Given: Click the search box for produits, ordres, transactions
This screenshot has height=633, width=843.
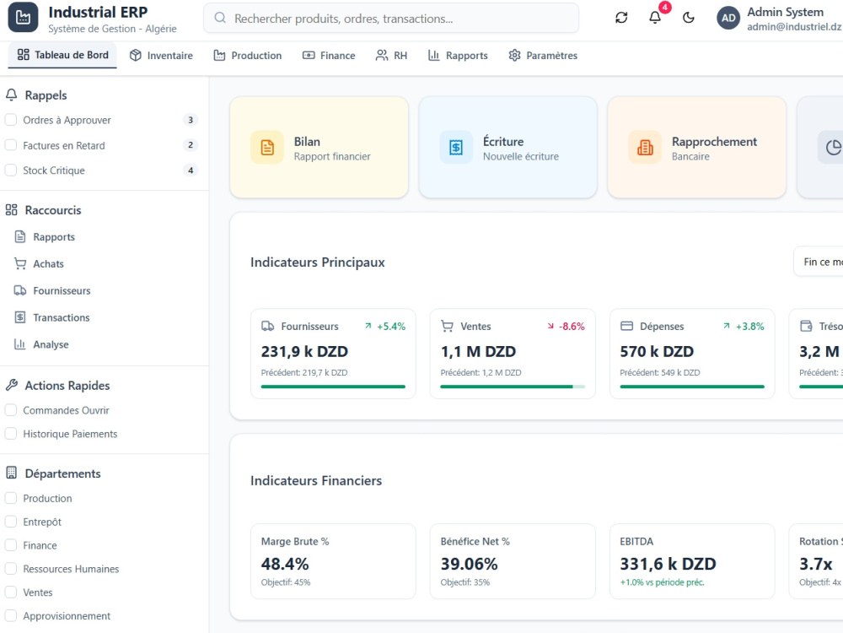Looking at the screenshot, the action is coord(391,19).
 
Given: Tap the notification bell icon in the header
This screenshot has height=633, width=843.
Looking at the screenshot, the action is coord(655,18).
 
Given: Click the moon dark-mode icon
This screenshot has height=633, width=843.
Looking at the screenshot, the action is coord(688,18).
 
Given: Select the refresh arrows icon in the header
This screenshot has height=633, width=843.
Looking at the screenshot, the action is coord(621,18).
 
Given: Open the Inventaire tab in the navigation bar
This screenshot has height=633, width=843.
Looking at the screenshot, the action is coord(161,56).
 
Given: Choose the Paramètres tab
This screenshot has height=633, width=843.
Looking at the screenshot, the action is coord(543,56).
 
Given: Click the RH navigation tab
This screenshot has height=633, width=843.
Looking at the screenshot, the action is coord(391,56).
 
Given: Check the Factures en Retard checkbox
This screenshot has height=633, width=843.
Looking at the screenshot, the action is coord(11,145).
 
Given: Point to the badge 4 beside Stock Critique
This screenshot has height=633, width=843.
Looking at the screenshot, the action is coord(191,170).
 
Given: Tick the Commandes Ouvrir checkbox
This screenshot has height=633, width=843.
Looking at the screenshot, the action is coord(11,410).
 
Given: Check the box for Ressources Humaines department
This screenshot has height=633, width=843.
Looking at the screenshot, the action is coord(11,568).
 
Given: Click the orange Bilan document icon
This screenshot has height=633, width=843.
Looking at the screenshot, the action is coord(267,147).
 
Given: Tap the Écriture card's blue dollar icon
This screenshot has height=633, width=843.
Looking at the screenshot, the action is coord(456,147).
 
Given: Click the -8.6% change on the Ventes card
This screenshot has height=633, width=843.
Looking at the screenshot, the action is coord(572,326).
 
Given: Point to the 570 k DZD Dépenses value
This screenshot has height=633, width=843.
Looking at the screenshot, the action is coord(657,351).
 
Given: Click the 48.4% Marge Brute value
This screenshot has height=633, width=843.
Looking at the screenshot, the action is coord(285,564).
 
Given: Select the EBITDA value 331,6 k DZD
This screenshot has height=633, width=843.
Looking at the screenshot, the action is coord(668,564).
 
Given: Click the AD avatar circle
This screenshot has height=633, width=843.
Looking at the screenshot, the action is coord(728,18).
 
